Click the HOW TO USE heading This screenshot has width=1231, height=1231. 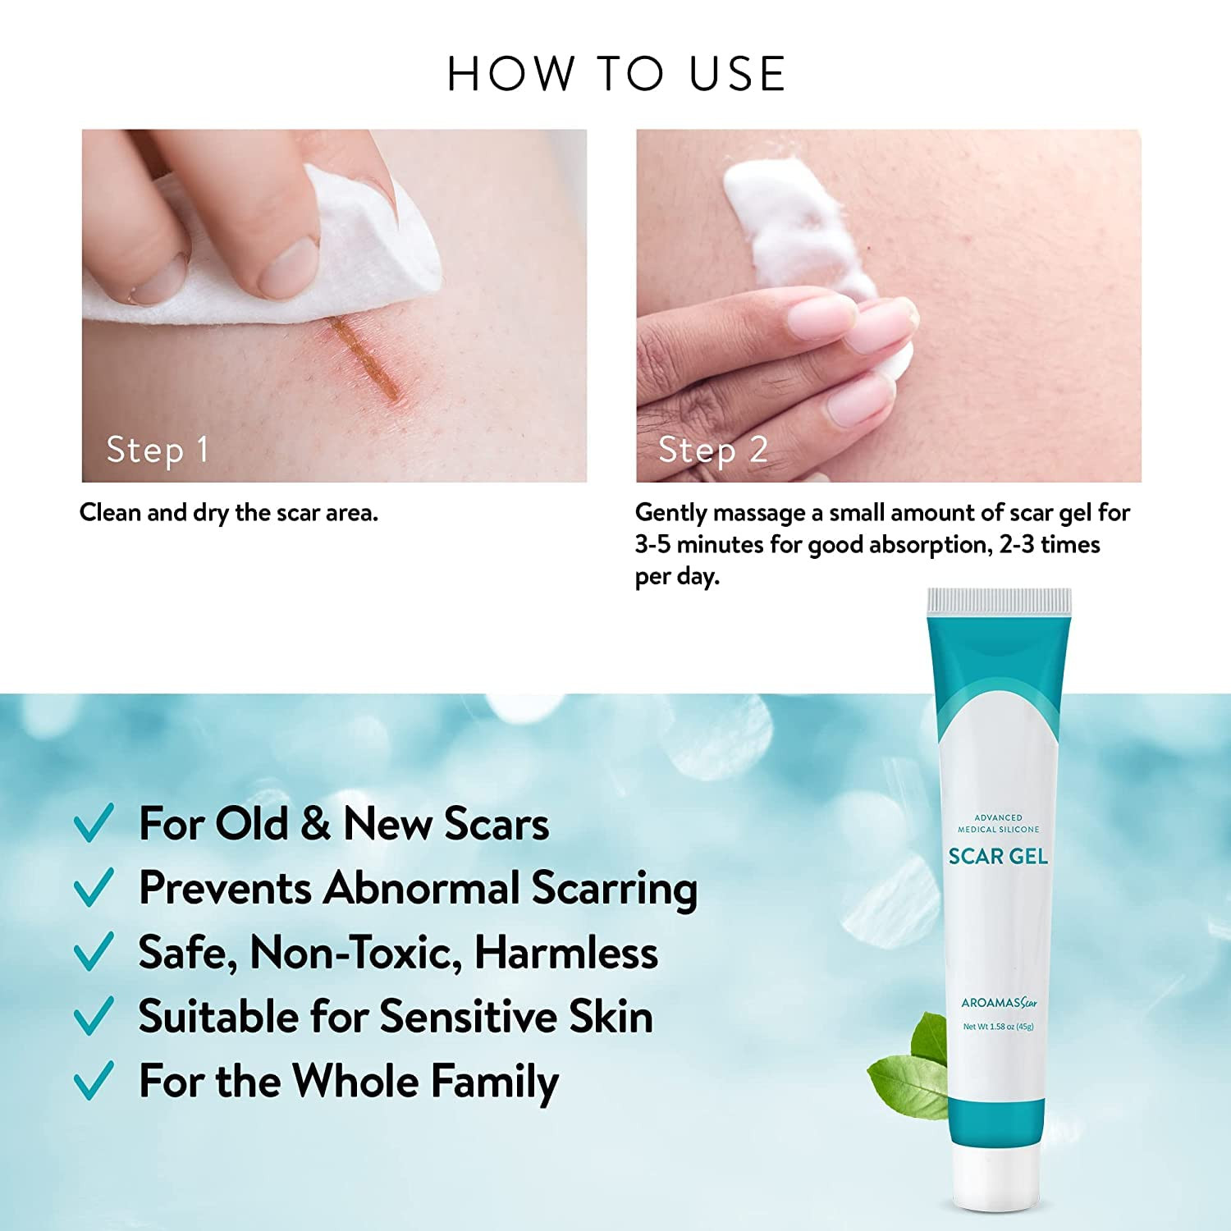click(616, 74)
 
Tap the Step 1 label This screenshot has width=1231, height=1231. click(158, 450)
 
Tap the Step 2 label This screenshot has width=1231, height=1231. click(713, 450)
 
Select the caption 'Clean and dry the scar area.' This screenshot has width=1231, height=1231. click(229, 513)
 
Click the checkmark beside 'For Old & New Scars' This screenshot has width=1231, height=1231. click(94, 823)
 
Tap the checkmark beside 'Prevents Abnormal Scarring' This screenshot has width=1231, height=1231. click(94, 888)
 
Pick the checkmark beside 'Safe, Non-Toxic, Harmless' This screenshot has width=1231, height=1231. click(94, 952)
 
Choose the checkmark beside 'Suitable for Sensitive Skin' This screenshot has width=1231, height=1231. click(94, 1017)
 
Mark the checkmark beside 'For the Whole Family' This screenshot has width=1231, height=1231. click(94, 1081)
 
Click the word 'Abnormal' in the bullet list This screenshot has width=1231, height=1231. click(422, 888)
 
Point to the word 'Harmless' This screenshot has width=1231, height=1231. click(566, 953)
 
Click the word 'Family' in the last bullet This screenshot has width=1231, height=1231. click(495, 1082)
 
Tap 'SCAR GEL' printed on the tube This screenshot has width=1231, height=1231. click(998, 857)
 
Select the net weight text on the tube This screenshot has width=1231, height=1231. click(998, 1027)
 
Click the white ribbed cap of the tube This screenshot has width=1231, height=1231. click(1000, 602)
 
